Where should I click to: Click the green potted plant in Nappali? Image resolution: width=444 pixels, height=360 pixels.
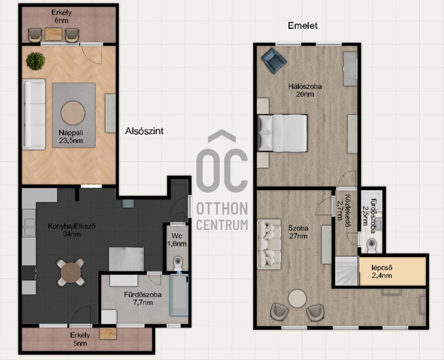click(35, 61)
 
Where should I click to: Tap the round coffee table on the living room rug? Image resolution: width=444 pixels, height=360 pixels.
click(73, 113)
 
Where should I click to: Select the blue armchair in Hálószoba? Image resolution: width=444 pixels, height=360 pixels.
click(274, 61)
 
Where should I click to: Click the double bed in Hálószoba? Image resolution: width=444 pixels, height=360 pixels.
click(282, 133)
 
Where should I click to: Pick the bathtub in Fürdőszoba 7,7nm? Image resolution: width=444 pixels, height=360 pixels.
click(179, 295)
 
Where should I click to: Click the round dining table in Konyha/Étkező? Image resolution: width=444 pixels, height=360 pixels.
click(71, 272)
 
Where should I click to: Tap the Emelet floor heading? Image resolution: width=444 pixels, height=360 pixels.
click(303, 26)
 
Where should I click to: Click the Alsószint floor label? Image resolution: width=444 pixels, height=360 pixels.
click(144, 131)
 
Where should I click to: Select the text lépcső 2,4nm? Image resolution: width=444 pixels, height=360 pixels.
click(382, 271)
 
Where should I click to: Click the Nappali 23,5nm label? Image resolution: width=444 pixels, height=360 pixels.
click(71, 137)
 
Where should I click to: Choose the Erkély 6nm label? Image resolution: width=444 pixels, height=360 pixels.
click(61, 17)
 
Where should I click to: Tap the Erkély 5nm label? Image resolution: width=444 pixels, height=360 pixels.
click(80, 339)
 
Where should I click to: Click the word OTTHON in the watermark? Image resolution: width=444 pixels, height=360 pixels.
click(222, 209)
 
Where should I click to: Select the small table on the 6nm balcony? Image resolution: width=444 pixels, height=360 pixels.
click(54, 34)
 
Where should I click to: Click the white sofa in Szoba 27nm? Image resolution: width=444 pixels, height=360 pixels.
click(269, 244)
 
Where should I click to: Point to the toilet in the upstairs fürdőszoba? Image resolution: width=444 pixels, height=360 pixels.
click(371, 244)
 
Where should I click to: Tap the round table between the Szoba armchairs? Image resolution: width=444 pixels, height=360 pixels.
click(297, 299)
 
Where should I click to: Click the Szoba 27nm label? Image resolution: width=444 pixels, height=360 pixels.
click(298, 232)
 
